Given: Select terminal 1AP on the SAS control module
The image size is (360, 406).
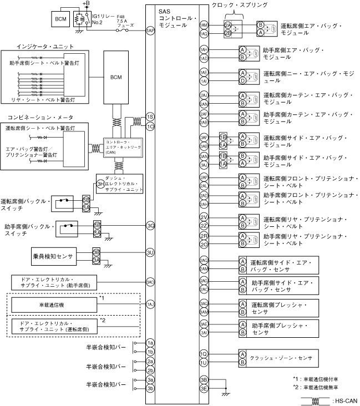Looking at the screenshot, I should (x=150, y=31).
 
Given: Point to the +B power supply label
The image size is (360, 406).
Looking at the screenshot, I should (x=85, y=4).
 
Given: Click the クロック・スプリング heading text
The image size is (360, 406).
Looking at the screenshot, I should (x=240, y=4).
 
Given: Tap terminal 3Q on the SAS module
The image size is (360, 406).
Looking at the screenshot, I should (x=150, y=226).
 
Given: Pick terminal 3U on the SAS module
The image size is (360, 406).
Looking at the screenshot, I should (x=150, y=252).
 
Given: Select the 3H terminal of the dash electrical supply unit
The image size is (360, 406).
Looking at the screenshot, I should (x=100, y=184).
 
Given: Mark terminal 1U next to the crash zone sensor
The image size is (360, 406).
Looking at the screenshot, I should (x=204, y=362).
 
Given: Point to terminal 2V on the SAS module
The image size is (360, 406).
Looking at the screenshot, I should (x=204, y=217).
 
